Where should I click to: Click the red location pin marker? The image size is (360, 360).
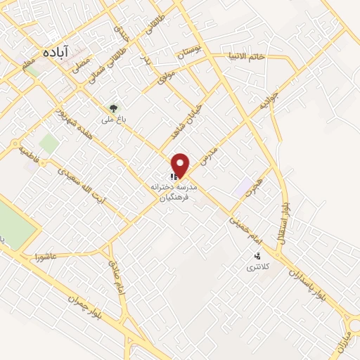click(181, 165)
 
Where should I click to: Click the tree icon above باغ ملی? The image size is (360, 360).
click(112, 108)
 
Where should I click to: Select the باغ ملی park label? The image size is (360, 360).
click(112, 120)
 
